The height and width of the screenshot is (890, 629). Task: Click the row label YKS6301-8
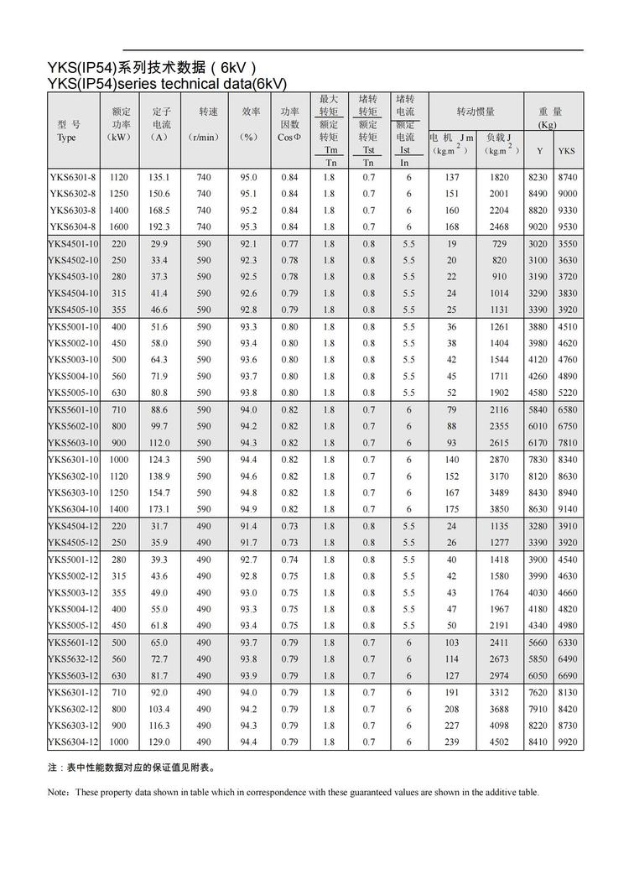click(73, 178)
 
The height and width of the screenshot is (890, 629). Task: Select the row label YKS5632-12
click(73, 659)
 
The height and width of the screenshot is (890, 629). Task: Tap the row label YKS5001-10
click(73, 327)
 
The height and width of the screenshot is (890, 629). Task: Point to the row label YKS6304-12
click(73, 742)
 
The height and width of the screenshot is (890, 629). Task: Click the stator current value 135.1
click(159, 178)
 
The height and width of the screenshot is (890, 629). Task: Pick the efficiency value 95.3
click(249, 227)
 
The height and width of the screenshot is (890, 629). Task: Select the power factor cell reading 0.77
click(289, 244)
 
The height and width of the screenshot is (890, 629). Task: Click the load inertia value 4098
click(500, 726)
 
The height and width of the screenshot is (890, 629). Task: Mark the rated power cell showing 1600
click(118, 227)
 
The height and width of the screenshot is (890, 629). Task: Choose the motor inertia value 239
click(452, 742)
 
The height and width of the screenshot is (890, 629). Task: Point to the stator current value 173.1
click(159, 510)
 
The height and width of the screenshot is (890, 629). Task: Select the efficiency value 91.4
click(249, 526)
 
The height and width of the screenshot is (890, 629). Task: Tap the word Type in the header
click(66, 138)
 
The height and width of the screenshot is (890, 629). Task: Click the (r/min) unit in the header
click(203, 138)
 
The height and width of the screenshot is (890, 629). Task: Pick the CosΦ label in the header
click(289, 138)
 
